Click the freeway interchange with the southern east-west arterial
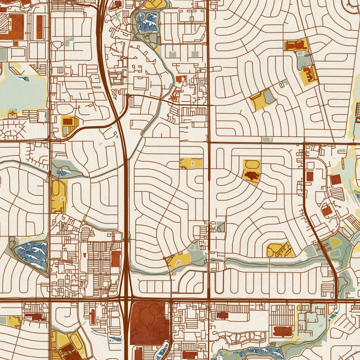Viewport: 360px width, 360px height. tap(125, 298)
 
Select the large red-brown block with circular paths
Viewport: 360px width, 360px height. tap(150, 323)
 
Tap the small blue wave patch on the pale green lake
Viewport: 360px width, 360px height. tap(23, 79)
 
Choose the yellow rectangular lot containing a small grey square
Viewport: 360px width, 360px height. tap(191, 163)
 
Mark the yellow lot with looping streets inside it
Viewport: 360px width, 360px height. tap(280, 250)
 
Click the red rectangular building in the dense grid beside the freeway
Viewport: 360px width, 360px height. tap(116, 258)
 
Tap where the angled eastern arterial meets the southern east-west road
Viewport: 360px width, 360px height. tap(336, 299)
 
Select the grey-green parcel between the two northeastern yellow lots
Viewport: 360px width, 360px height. tap(304, 61)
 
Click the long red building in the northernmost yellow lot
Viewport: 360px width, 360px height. tap(295, 46)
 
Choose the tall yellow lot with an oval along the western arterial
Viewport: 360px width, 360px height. tap(59, 195)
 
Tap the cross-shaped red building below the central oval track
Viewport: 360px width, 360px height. tap(251, 176)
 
